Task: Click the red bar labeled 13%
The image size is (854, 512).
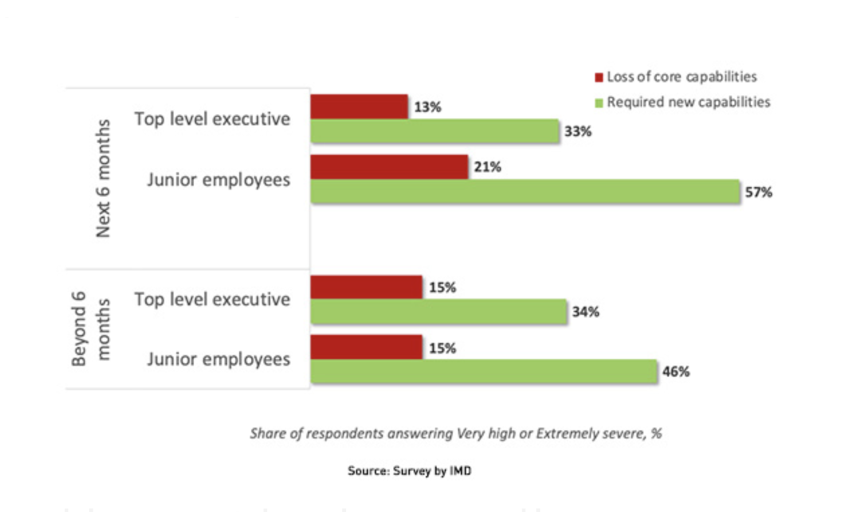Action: click(359, 106)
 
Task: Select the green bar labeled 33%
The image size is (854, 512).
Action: click(434, 131)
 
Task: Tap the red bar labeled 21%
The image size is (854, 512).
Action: click(389, 167)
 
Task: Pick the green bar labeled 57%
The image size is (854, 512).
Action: click(525, 191)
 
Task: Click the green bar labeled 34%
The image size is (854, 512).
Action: click(438, 312)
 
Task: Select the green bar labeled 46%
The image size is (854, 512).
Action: click(483, 372)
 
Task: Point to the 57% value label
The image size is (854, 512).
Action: click(758, 192)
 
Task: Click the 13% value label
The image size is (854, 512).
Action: click(427, 107)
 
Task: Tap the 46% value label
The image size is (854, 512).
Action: click(676, 372)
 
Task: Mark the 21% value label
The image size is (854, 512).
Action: click(487, 167)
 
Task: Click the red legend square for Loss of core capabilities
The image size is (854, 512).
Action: click(599, 78)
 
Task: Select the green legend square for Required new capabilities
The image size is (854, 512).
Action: click(599, 103)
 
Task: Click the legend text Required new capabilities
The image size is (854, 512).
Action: click(688, 102)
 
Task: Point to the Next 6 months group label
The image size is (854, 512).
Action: click(103, 178)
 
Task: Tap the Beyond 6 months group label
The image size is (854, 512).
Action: click(91, 329)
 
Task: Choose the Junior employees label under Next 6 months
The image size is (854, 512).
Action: click(219, 180)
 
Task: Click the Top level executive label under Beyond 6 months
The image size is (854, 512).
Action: click(212, 299)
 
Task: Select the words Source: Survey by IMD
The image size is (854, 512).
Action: click(409, 471)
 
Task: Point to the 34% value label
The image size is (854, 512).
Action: click(585, 312)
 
